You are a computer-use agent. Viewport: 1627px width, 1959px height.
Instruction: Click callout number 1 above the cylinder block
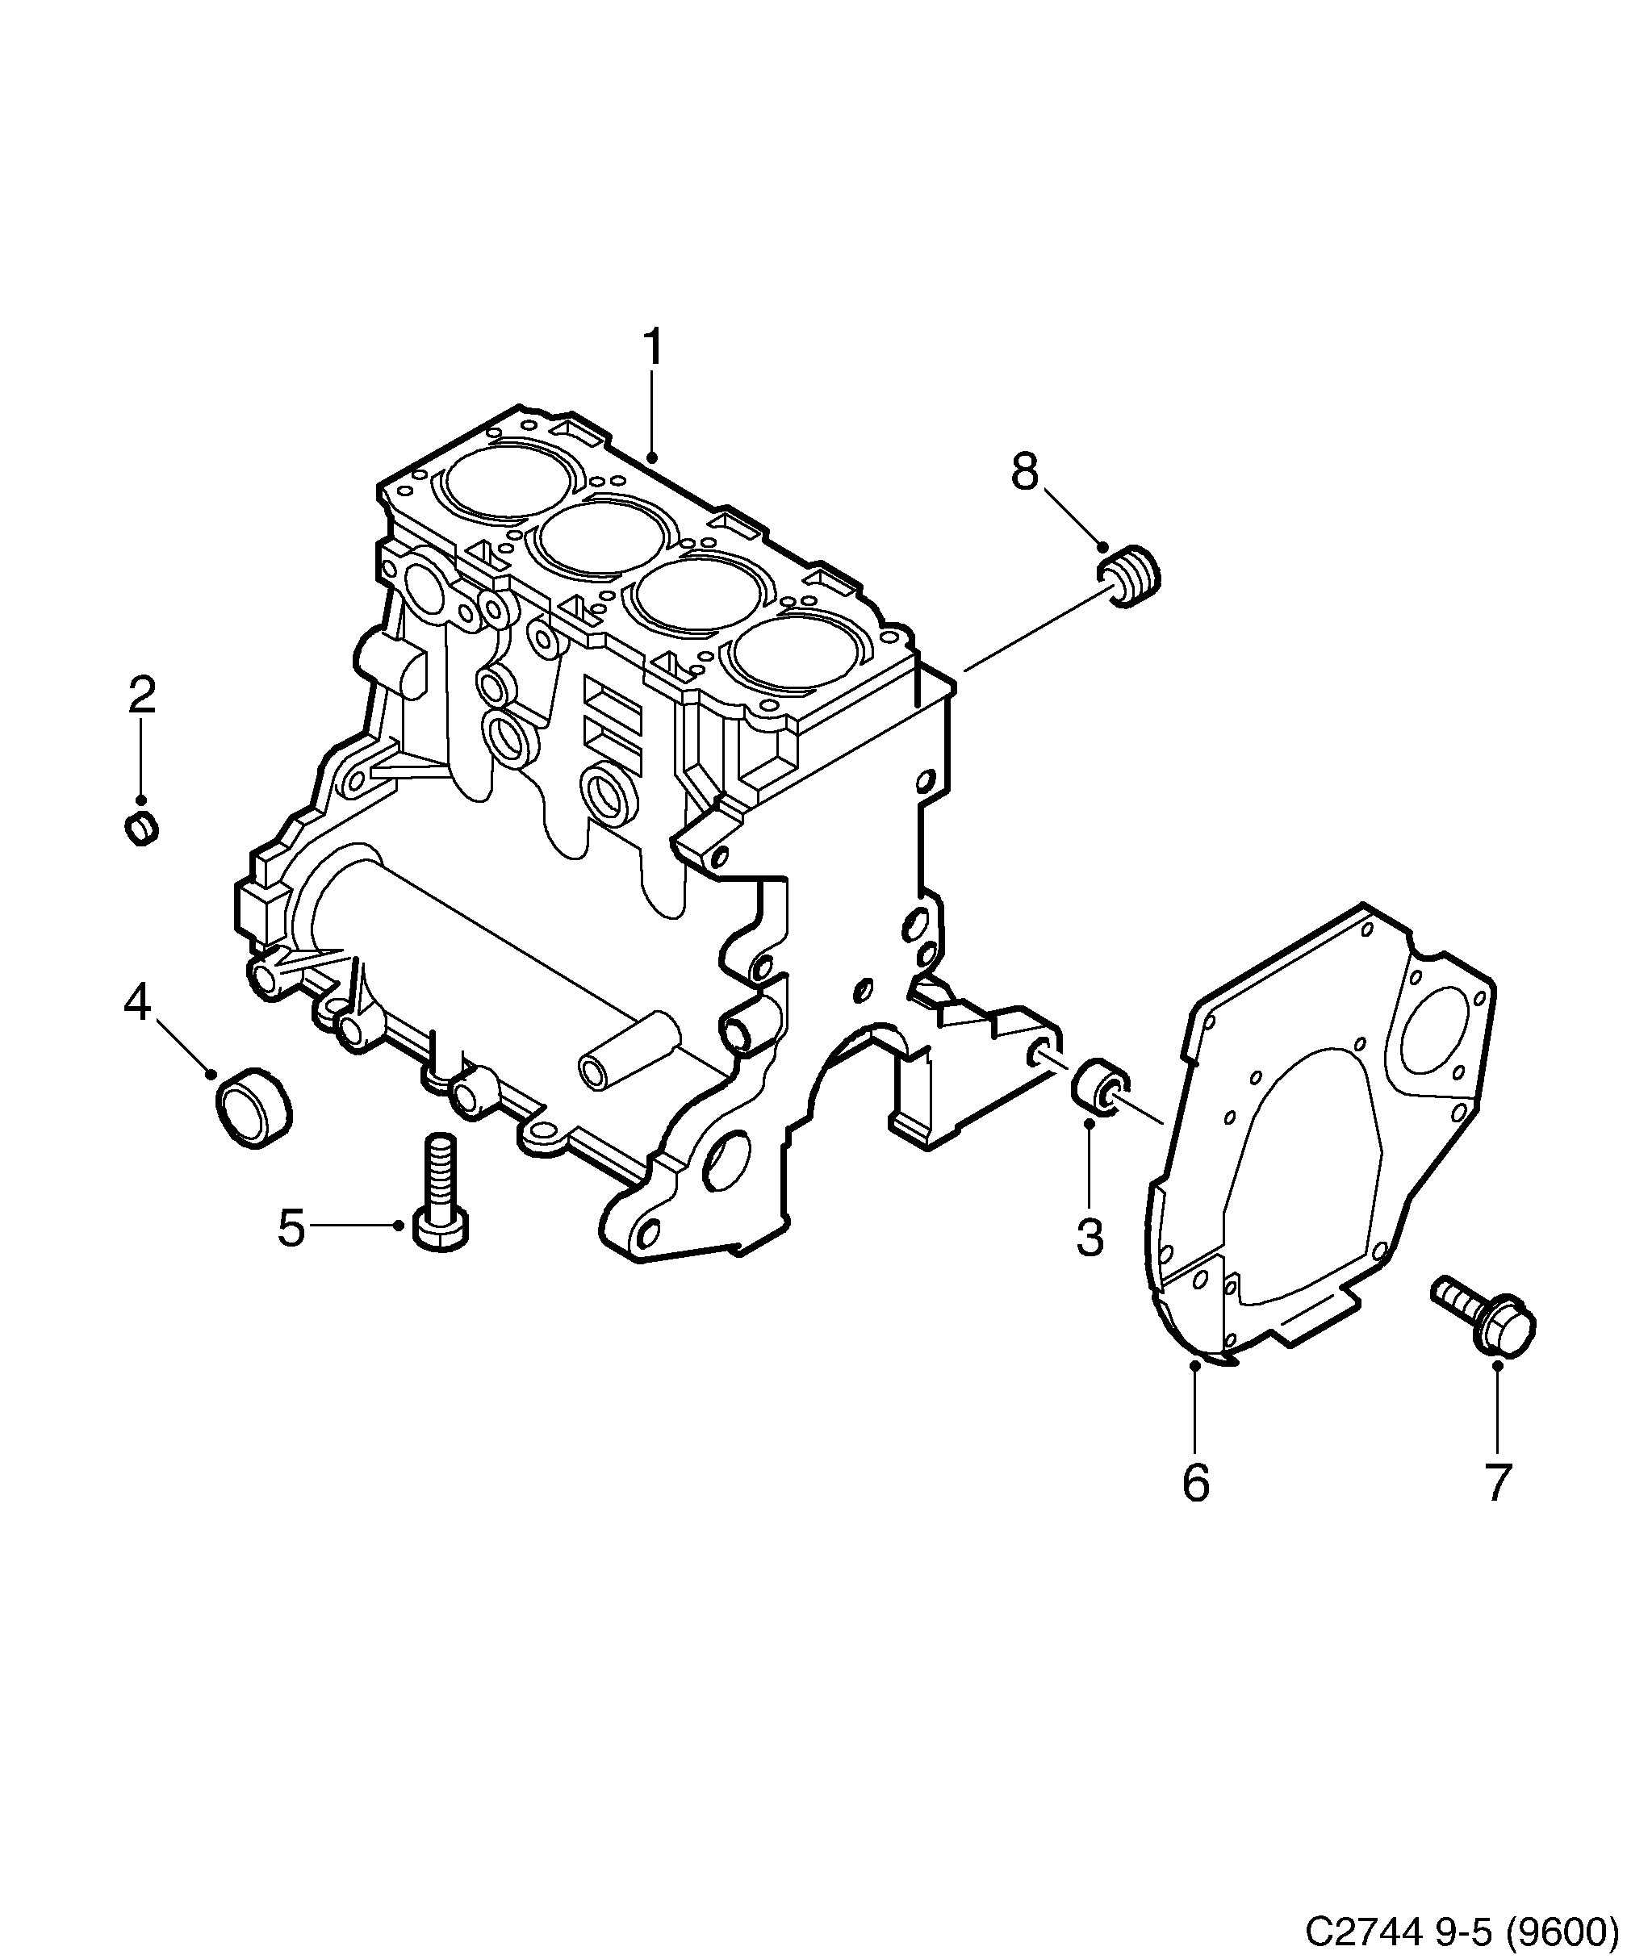653,347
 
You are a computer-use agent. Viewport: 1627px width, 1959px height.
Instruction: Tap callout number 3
1090,1237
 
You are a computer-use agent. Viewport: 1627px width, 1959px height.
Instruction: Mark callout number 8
1024,473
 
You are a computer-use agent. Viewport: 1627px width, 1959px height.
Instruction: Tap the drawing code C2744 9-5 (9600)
1461,1929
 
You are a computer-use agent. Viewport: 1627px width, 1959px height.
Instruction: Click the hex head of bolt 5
441,1229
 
